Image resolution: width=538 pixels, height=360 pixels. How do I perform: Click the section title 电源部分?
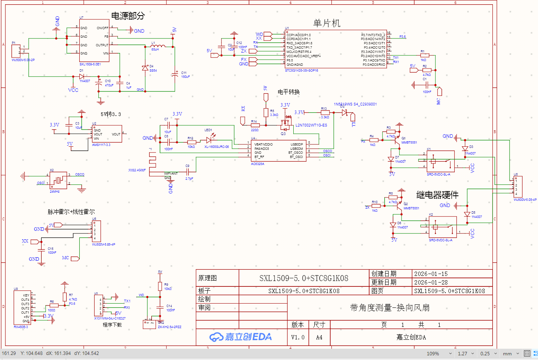click(128, 16)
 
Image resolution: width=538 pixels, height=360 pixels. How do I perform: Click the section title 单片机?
click(327, 23)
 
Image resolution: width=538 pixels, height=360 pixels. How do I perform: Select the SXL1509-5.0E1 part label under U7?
click(90, 64)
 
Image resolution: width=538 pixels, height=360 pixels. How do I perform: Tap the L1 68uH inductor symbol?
click(158, 46)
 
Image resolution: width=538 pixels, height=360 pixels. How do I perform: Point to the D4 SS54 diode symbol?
click(145, 68)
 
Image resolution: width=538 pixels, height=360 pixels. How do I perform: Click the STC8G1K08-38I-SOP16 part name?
click(301, 70)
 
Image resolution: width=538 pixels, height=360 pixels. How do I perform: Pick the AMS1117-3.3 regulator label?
click(101, 145)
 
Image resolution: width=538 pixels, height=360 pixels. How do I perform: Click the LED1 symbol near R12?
click(209, 140)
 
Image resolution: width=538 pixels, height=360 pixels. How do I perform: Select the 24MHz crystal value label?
click(54, 191)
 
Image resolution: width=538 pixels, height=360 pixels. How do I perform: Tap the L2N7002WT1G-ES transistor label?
click(311, 125)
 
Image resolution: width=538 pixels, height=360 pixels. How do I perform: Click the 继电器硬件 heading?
click(437, 195)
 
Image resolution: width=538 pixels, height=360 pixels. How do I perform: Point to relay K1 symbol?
click(440, 161)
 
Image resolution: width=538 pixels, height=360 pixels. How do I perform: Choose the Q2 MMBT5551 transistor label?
click(411, 208)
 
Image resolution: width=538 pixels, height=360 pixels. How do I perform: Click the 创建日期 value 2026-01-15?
click(431, 274)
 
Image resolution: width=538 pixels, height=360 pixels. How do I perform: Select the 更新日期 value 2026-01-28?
click(431, 283)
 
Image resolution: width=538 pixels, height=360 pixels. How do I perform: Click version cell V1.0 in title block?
click(298, 337)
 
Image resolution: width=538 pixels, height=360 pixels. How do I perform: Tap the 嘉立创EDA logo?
click(240, 337)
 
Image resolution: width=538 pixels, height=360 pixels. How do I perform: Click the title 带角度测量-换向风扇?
click(390, 308)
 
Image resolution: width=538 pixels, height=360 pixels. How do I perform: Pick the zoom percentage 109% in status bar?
click(433, 354)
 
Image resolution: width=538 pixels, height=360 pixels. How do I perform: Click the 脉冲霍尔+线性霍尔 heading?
click(71, 212)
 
